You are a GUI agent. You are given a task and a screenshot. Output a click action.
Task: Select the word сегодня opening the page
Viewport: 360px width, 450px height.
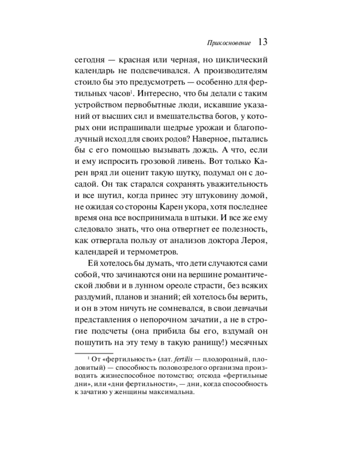90,59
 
